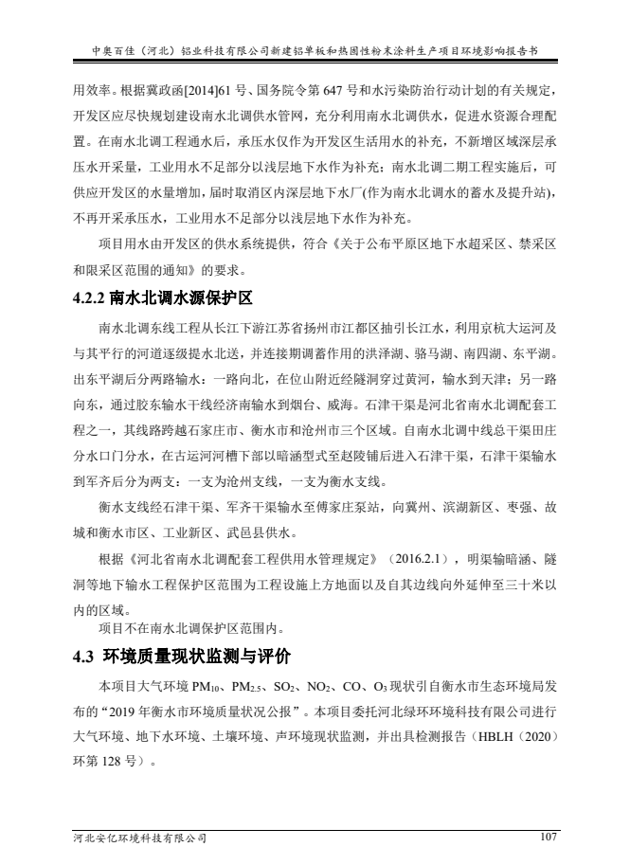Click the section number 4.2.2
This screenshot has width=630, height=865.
coord(92,298)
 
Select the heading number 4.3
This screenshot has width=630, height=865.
coord(88,656)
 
